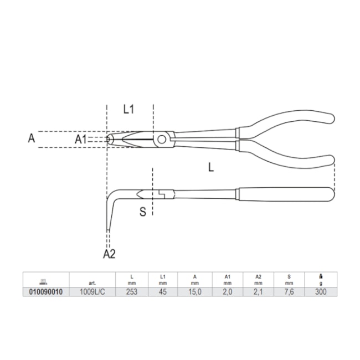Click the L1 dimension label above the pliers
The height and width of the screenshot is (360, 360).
pos(128,109)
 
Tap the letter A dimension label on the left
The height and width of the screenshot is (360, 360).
pos(32,138)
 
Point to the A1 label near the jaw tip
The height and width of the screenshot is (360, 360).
pos(81,139)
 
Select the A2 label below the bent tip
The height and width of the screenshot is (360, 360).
pos(109,254)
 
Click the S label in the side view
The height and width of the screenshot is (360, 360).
pos(143,212)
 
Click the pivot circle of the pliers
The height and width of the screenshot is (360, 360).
pos(162,139)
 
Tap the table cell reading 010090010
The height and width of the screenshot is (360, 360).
pos(46,292)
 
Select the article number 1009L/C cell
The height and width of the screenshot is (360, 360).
pos(92,292)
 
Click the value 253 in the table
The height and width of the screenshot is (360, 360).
pos(132,292)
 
